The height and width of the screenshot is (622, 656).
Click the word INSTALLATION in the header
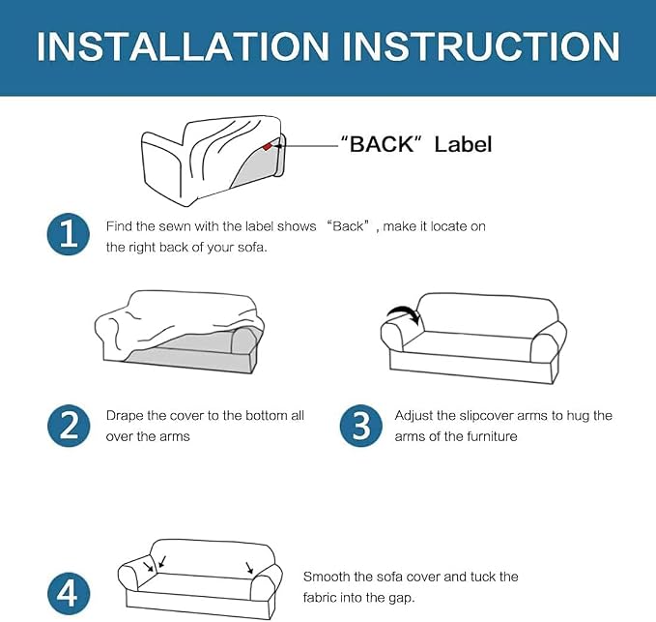(184, 46)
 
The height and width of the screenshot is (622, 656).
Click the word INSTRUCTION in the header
(481, 46)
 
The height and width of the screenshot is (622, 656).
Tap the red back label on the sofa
(268, 146)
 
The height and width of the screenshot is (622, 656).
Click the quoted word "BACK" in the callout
(378, 144)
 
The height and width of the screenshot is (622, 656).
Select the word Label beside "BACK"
(463, 144)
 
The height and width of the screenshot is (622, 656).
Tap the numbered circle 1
(69, 234)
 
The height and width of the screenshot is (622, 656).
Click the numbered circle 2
(69, 426)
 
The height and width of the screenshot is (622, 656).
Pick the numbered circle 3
(360, 426)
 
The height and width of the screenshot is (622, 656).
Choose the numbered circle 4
(69, 594)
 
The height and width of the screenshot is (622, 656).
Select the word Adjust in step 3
(414, 416)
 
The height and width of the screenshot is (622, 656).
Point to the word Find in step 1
(119, 226)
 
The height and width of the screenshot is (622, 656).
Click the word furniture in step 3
(492, 436)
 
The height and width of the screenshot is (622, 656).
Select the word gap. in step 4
(402, 599)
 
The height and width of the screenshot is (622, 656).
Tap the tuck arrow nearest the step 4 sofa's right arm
(249, 568)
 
